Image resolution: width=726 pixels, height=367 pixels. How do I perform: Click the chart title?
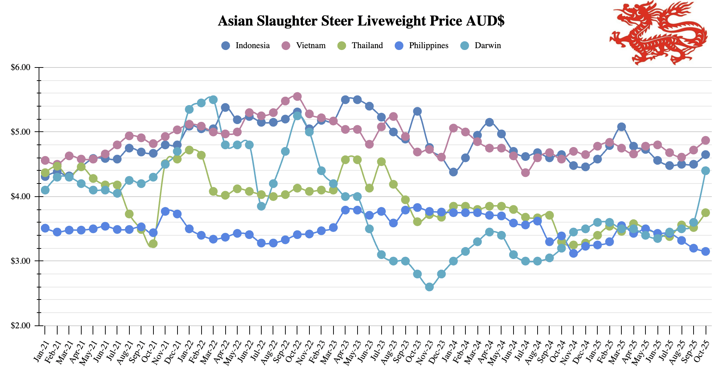[x=361, y=21]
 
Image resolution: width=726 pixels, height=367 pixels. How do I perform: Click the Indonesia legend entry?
[x=246, y=46]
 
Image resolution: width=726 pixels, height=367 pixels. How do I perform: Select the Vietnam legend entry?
[x=304, y=46]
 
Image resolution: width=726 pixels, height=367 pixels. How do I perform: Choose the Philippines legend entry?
[x=422, y=46]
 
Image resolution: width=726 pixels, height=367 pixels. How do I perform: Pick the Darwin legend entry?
[x=481, y=46]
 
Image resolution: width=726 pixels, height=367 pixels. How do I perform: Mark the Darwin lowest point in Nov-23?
[x=429, y=287]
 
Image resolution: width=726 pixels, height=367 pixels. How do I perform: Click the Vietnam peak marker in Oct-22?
[x=297, y=96]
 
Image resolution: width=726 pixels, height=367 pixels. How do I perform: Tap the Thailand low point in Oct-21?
[x=153, y=244]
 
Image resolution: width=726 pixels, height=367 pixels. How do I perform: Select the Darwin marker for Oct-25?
[x=706, y=171]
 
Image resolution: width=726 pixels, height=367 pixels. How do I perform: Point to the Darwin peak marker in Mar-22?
[x=213, y=100]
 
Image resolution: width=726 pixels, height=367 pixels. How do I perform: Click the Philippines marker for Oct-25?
[x=706, y=251]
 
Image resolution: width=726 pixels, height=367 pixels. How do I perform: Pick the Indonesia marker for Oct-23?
[x=418, y=111]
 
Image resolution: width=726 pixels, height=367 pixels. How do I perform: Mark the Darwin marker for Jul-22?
[x=261, y=206]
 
